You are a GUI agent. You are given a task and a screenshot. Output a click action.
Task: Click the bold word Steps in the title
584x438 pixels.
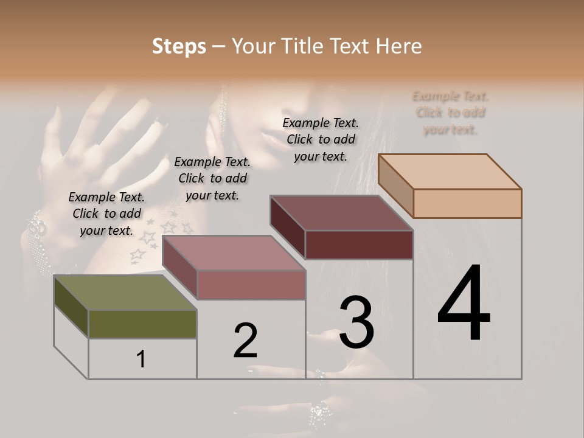click(x=179, y=46)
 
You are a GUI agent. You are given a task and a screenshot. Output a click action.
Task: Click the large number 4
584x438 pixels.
click(x=464, y=304)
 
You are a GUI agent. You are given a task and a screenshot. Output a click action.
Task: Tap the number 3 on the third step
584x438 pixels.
click(x=356, y=322)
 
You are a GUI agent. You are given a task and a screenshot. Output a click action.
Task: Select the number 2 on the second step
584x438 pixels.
click(x=245, y=341)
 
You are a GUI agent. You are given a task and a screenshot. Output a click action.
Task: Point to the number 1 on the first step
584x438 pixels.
click(x=141, y=360)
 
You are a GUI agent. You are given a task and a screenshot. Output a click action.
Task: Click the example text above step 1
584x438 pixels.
click(x=106, y=214)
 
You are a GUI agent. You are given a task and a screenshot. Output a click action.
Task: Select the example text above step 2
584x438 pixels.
click(x=212, y=178)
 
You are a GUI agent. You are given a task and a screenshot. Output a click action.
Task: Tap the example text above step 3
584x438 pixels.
click(x=321, y=139)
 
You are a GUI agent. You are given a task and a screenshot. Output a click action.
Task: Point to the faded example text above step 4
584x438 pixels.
click(x=450, y=113)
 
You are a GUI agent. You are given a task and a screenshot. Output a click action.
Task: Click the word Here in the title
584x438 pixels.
click(x=399, y=46)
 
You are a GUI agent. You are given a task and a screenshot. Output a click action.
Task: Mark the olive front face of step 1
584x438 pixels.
click(x=142, y=324)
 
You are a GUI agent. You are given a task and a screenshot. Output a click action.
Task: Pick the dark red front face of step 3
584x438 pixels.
click(x=359, y=245)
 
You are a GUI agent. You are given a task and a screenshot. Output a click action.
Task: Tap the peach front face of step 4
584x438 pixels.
click(x=467, y=203)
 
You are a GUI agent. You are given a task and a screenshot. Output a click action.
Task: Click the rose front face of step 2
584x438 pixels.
click(x=251, y=285)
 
